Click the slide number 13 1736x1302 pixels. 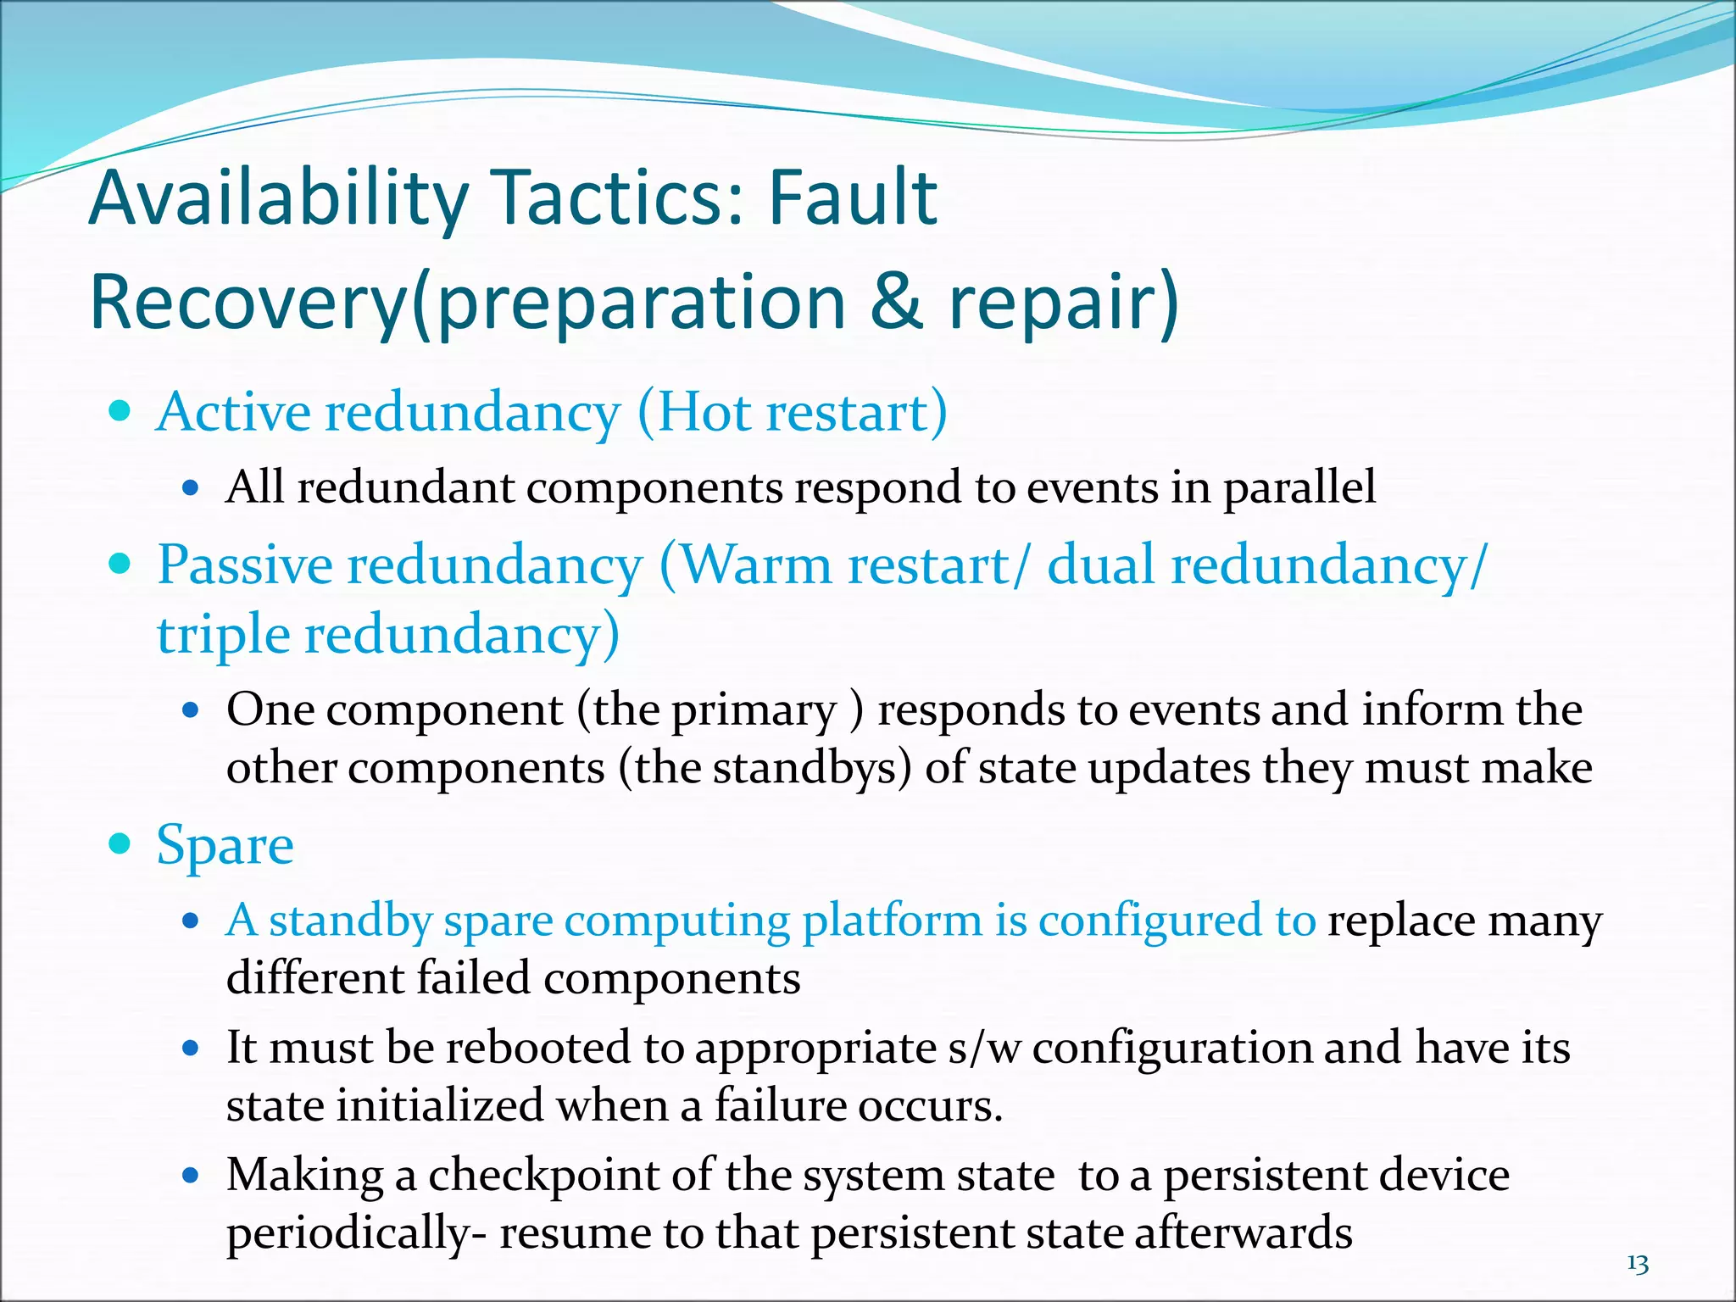[1638, 1264]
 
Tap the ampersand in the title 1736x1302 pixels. [896, 302]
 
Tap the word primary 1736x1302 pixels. [754, 710]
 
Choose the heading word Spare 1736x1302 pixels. [225, 845]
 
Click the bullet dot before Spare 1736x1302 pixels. [121, 843]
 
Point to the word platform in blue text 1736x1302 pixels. [892, 921]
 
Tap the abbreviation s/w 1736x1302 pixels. [984, 1048]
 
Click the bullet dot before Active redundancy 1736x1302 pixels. [121, 412]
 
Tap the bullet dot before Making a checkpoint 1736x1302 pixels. [191, 1177]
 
